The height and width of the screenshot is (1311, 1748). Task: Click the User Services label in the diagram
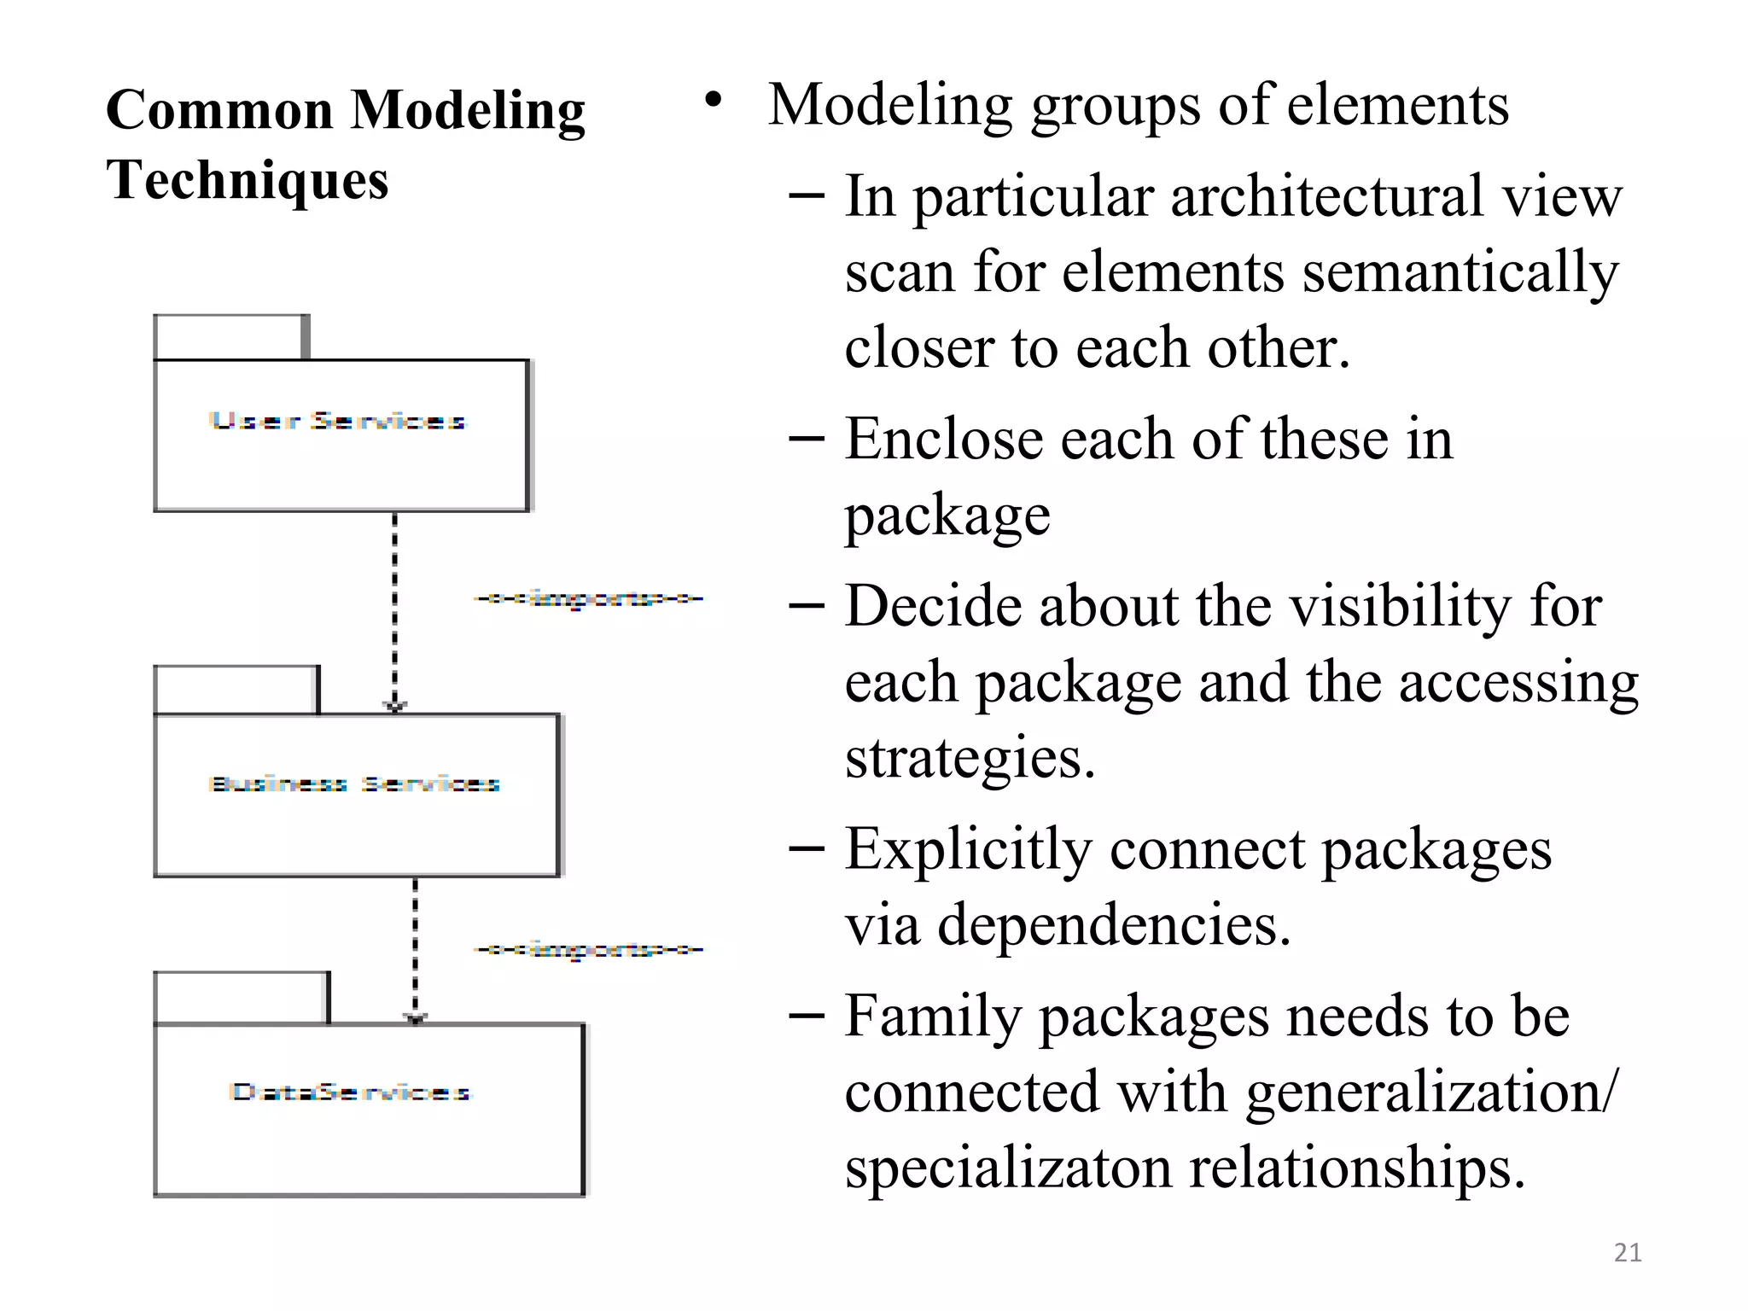point(337,421)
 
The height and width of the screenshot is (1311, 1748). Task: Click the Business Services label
point(354,784)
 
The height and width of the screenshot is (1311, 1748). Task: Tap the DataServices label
point(350,1092)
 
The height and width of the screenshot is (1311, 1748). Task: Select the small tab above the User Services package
point(230,338)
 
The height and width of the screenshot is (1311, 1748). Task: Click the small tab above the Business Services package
point(236,690)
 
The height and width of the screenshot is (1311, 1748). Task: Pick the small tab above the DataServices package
point(242,997)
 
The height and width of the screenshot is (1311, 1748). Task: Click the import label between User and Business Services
point(589,599)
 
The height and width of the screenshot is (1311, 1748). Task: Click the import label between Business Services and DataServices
point(589,949)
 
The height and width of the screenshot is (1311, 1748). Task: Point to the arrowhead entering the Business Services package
point(394,707)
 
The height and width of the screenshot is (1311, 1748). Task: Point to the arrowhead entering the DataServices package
point(415,1017)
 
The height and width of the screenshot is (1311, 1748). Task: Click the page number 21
point(1627,1252)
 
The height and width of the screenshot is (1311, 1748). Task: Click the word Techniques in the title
point(248,180)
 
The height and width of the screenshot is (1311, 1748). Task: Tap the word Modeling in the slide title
point(468,111)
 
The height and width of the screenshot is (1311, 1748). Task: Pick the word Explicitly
point(968,850)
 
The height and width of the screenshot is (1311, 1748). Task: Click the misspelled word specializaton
point(1008,1168)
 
